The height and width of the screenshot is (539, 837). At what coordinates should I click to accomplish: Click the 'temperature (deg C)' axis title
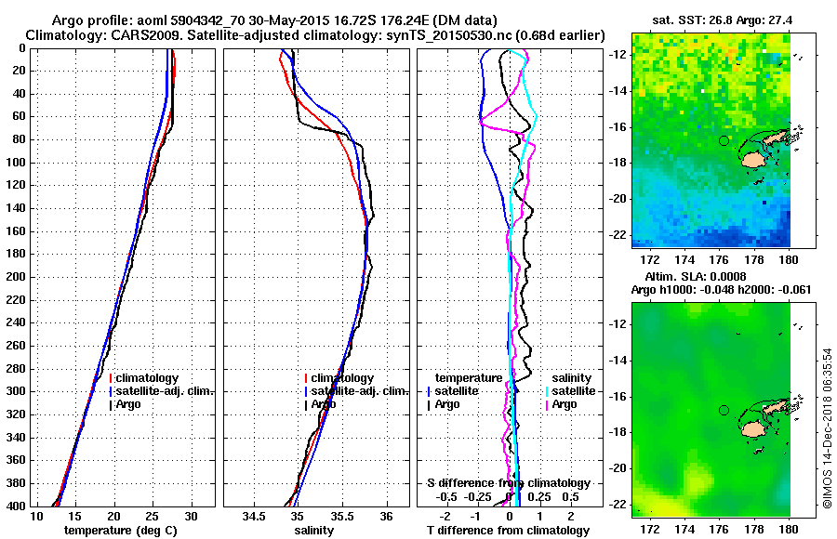(x=115, y=531)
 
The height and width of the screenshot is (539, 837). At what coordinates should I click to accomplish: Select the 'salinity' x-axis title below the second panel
(x=312, y=531)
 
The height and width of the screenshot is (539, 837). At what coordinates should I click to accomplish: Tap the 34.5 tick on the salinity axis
(x=256, y=516)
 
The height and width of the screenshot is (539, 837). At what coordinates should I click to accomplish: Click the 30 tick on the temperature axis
(x=192, y=516)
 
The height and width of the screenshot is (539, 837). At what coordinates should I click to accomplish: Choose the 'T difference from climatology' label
(x=508, y=531)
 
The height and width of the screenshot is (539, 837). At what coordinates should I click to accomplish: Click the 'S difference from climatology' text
(x=508, y=483)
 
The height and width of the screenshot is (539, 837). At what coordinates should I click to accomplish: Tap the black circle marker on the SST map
(x=724, y=141)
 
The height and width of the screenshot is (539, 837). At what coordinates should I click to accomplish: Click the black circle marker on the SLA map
(x=724, y=410)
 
